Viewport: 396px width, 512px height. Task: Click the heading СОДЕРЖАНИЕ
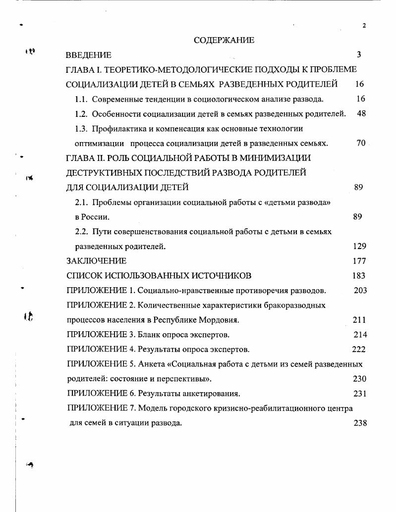click(224, 40)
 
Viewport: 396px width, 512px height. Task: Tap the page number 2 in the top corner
click(364, 26)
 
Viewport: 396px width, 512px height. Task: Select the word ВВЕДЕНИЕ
click(89, 55)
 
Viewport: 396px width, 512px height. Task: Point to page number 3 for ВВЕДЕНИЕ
click(359, 55)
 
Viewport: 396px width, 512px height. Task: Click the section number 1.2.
click(81, 114)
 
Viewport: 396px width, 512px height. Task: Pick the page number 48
click(361, 114)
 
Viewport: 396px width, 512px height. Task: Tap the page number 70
click(361, 143)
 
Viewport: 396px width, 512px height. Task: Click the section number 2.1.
click(81, 202)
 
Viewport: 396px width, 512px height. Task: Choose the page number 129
click(359, 246)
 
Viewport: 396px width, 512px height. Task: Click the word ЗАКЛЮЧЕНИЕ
click(96, 260)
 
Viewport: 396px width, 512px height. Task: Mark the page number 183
click(359, 275)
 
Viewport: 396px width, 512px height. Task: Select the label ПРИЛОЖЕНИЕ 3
click(101, 334)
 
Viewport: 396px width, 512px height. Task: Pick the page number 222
click(358, 349)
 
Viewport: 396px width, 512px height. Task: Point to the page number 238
click(360, 423)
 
